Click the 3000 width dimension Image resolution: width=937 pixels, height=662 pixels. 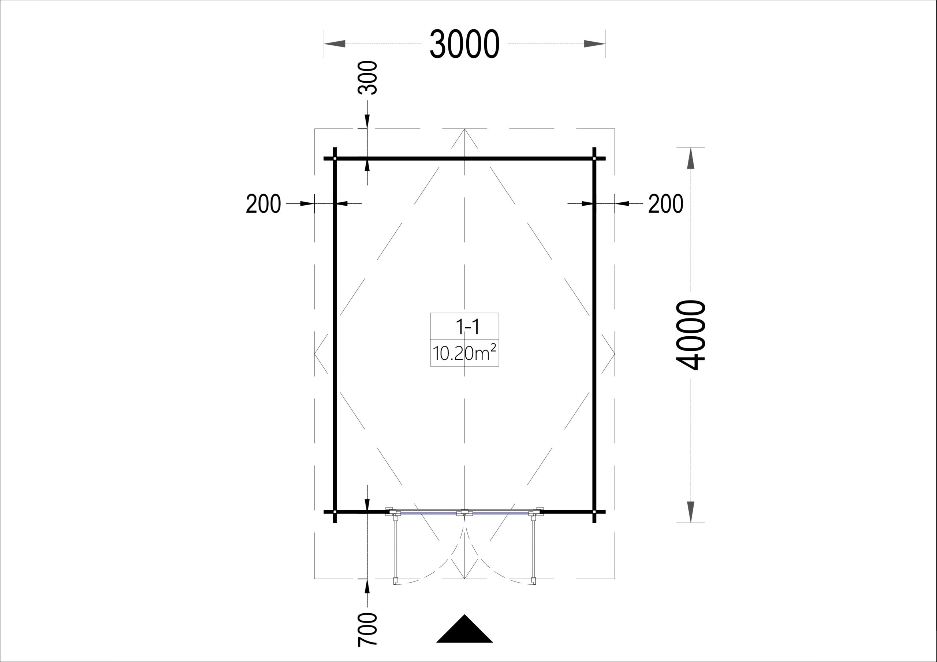tap(464, 44)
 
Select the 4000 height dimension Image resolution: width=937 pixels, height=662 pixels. tap(691, 335)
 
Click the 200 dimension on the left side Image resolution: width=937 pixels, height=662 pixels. tap(263, 204)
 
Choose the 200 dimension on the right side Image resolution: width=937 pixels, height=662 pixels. tap(666, 204)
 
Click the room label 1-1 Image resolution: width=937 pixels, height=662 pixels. tap(467, 326)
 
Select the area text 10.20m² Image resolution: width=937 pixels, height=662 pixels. tap(464, 353)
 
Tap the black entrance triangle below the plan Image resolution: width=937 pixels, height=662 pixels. tap(464, 634)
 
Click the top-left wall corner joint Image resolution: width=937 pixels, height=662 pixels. tap(335, 158)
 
